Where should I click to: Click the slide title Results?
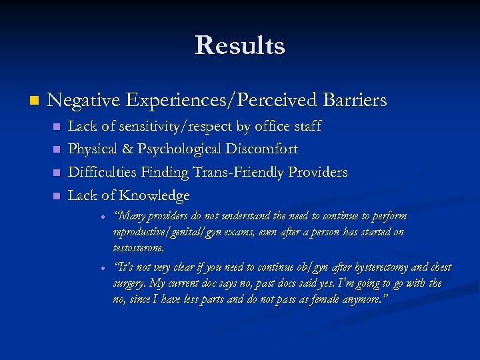[240, 45]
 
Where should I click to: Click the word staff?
[306, 126]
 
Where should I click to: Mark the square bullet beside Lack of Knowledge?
[56, 196]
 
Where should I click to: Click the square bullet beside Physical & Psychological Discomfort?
[56, 149]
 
